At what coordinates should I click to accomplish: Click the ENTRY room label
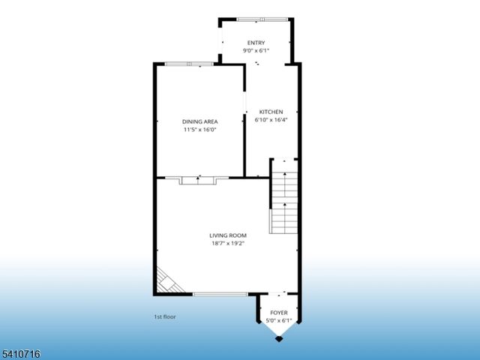point(256,43)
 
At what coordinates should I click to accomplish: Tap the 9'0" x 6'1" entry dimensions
point(256,50)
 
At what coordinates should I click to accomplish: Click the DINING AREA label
point(199,121)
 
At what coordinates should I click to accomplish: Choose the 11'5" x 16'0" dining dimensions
point(199,129)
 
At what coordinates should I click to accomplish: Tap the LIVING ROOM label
point(228,235)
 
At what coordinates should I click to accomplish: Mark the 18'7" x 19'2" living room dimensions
point(228,243)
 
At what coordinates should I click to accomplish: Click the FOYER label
point(278,313)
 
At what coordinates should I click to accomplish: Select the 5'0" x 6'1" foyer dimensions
point(278,321)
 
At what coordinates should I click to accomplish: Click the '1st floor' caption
point(165,316)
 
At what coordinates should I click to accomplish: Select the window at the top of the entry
point(260,19)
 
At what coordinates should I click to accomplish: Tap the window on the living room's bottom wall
point(220,294)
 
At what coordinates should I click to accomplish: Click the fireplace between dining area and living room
point(198,179)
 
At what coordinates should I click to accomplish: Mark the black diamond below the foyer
point(279,339)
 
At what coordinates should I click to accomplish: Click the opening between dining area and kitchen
point(246,102)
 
